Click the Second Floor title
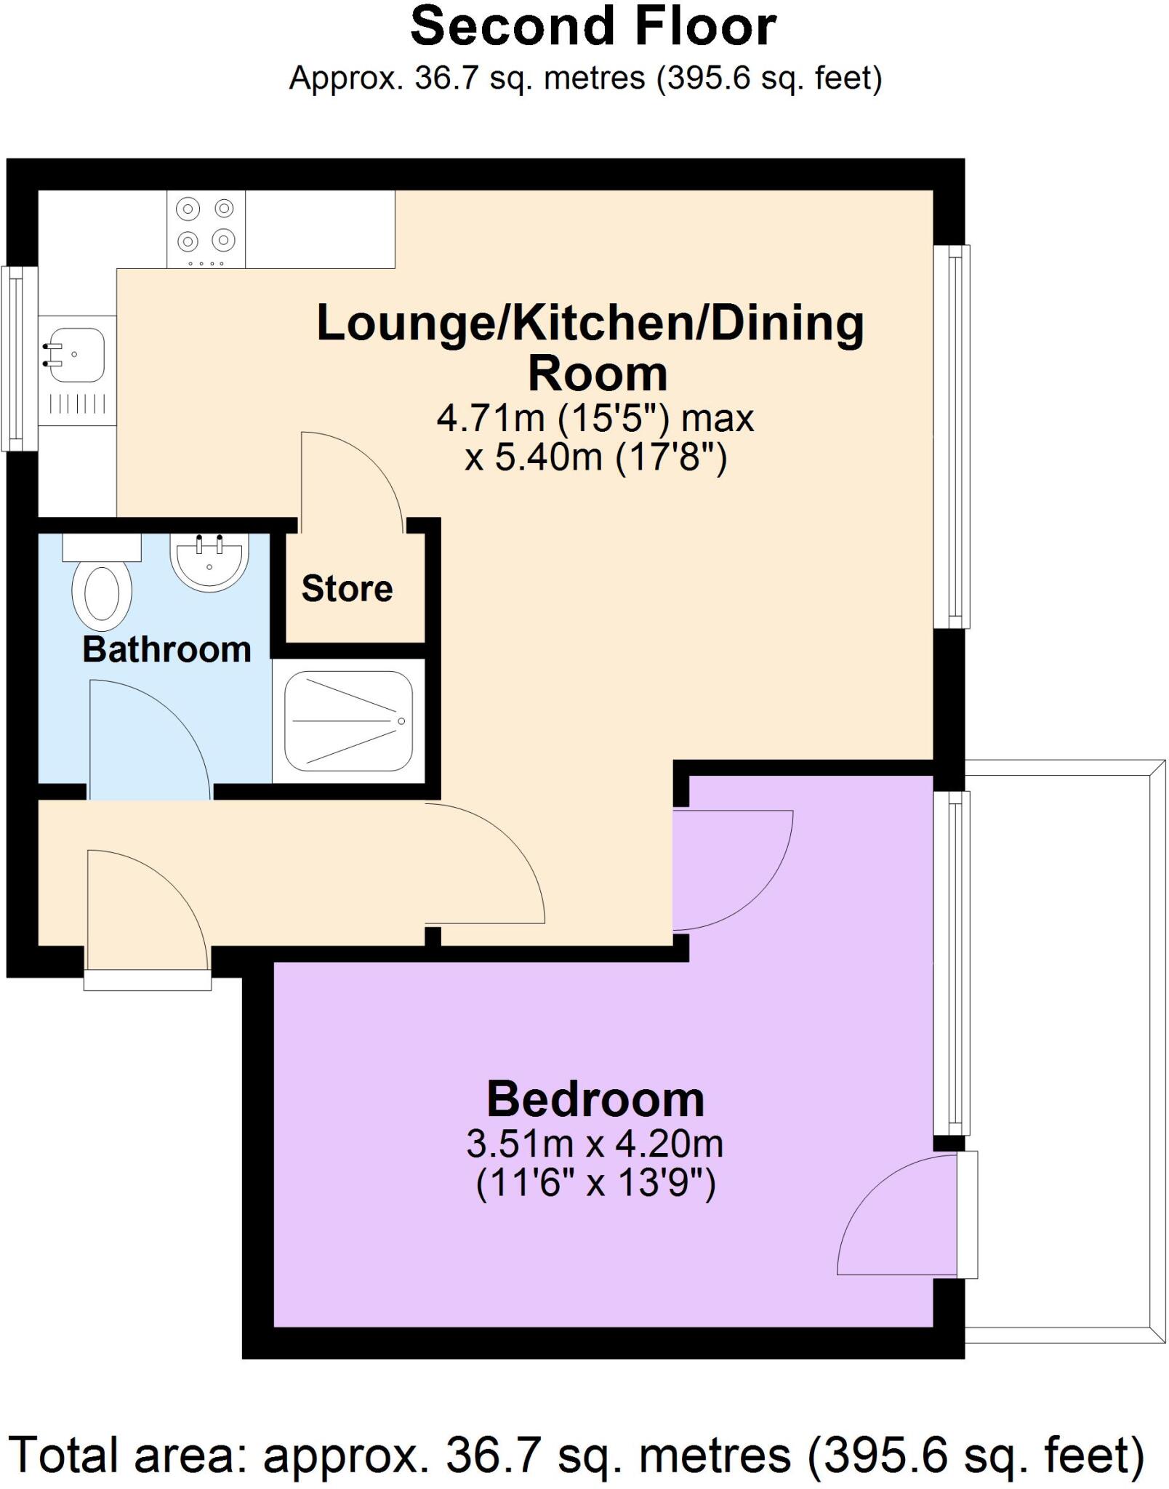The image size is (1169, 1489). (592, 28)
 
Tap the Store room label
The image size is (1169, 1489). (347, 588)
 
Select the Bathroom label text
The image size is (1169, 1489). (166, 649)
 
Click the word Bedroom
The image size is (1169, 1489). (595, 1099)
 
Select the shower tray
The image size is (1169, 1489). (348, 721)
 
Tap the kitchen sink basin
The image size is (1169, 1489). (74, 356)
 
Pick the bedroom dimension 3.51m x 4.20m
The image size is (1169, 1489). (595, 1144)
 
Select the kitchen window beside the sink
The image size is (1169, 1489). (19, 358)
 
